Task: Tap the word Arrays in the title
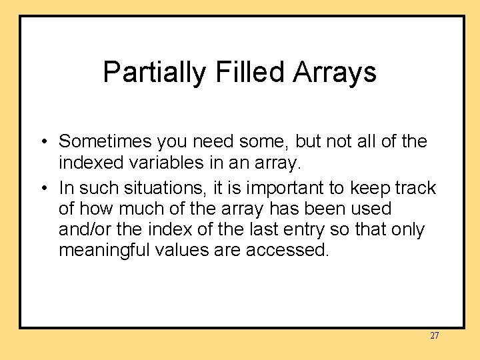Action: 335,72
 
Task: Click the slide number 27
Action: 434,335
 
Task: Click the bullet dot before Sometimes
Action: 43,142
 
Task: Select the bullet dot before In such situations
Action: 43,189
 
